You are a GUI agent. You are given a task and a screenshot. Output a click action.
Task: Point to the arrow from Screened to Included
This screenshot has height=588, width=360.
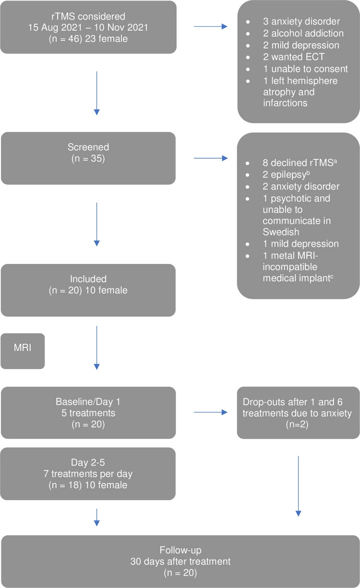pyautogui.click(x=96, y=224)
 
